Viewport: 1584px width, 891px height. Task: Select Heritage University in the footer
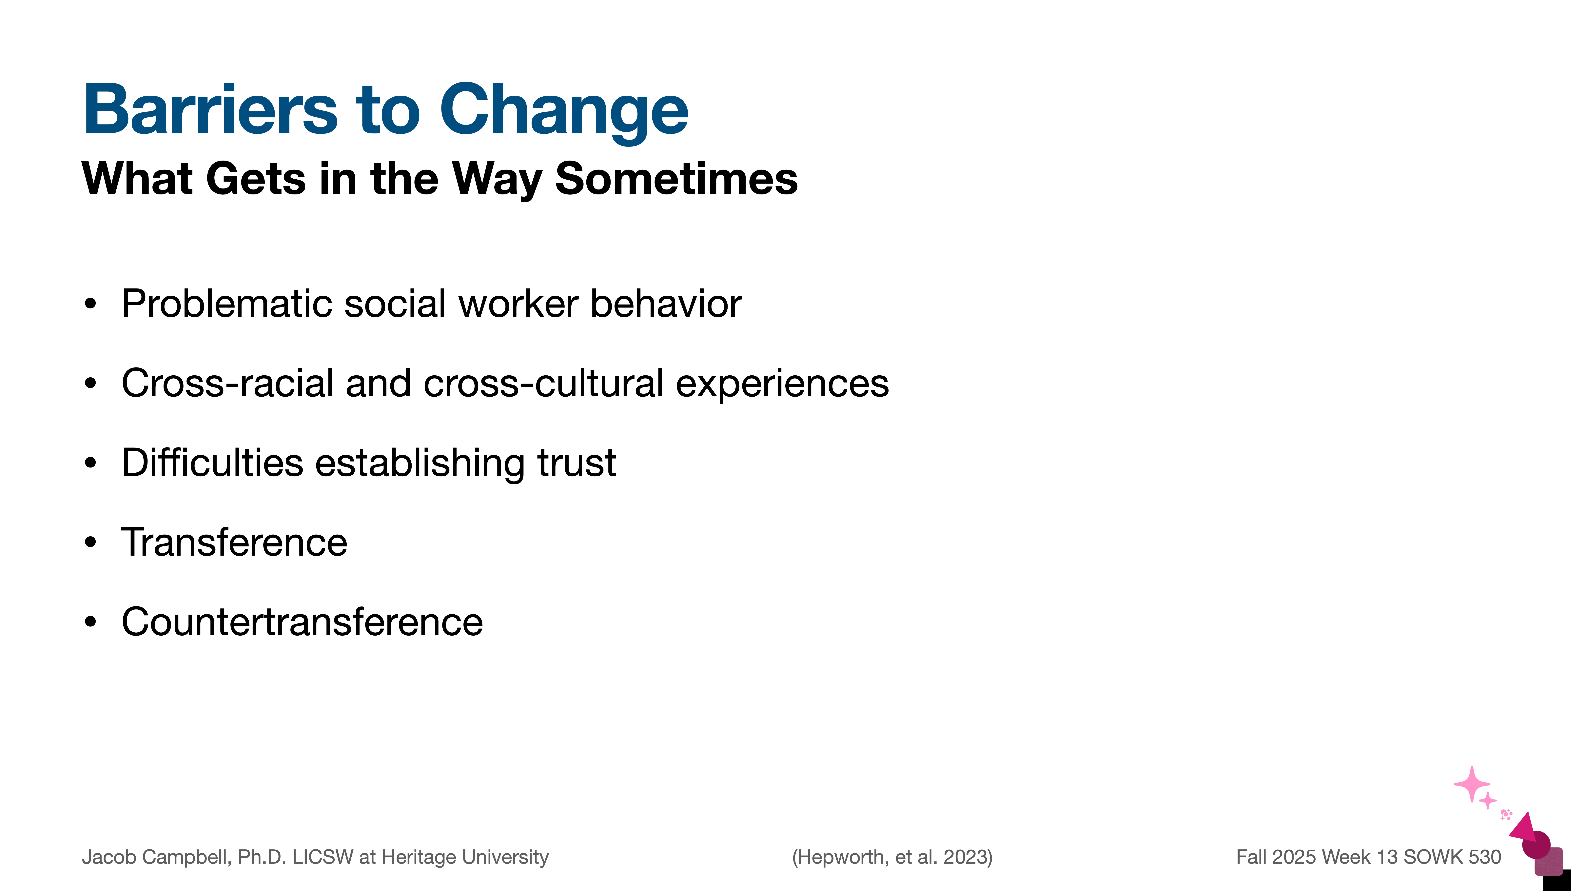point(465,857)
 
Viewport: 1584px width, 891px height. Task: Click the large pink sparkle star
point(1472,785)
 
